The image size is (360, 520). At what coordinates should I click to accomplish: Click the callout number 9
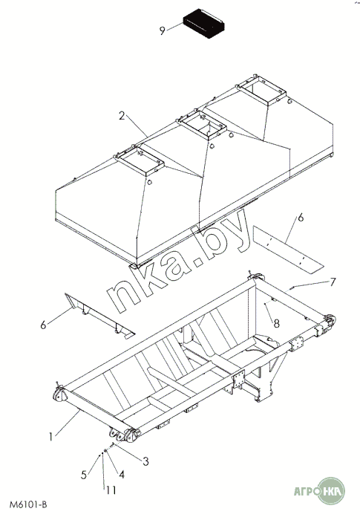[x=162, y=31]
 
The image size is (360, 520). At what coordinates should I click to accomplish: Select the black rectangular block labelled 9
[x=203, y=24]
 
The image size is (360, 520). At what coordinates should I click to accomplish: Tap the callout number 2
[x=122, y=116]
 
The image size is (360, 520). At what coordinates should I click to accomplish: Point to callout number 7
[x=333, y=282]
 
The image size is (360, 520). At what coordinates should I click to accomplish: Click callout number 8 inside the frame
[x=276, y=323]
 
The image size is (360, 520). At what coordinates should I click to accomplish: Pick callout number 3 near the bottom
[x=145, y=461]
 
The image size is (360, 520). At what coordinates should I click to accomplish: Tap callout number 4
[x=121, y=475]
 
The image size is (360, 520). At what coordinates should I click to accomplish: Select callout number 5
[x=84, y=475]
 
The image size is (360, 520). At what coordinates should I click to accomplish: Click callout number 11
[x=111, y=490]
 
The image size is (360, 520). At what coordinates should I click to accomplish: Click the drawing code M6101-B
[x=28, y=505]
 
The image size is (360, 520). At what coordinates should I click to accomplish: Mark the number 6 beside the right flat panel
[x=301, y=218]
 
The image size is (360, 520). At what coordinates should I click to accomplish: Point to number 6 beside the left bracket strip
[x=44, y=325]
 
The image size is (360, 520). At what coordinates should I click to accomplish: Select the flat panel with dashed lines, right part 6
[x=288, y=250]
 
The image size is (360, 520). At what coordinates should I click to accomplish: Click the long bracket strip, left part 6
[x=99, y=316]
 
